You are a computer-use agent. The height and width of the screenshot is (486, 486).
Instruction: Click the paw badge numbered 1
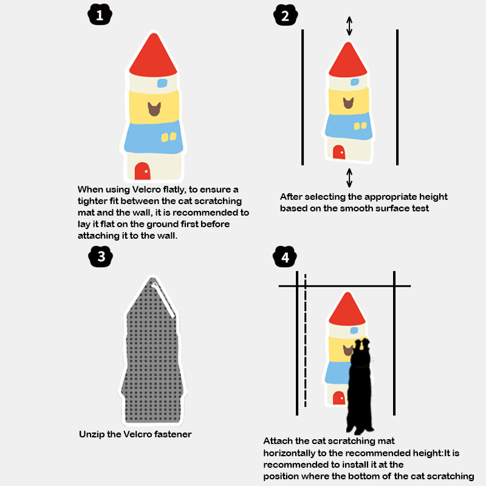pyautogui.click(x=100, y=15)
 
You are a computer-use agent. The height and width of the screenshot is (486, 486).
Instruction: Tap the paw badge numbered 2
pyautogui.click(x=286, y=15)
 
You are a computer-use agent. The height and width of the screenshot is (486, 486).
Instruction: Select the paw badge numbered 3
pyautogui.click(x=100, y=256)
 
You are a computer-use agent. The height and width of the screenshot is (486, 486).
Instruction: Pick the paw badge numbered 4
pyautogui.click(x=285, y=256)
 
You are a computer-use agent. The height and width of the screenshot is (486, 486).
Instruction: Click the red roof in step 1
pyautogui.click(x=154, y=57)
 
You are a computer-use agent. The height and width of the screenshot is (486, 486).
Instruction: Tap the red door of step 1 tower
pyautogui.click(x=142, y=171)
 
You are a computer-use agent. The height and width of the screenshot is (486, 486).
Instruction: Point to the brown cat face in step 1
pyautogui.click(x=154, y=109)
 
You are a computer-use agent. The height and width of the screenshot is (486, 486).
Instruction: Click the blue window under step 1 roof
pyautogui.click(x=162, y=83)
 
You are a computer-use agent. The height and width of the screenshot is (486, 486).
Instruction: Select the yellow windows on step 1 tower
pyautogui.click(x=169, y=137)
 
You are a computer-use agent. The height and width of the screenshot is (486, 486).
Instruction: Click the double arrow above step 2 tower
pyautogui.click(x=349, y=26)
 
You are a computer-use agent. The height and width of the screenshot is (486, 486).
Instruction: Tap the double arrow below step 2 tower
pyautogui.click(x=349, y=177)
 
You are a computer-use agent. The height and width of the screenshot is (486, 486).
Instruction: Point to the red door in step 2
pyautogui.click(x=339, y=152)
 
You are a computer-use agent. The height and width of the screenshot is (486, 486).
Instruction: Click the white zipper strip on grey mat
pyautogui.click(x=163, y=299)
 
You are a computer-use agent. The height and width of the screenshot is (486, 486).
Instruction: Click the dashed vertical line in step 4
pyautogui.click(x=306, y=340)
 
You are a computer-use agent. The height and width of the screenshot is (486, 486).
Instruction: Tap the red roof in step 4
pyautogui.click(x=347, y=310)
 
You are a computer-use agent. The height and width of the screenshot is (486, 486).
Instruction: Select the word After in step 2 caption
pyautogui.click(x=291, y=197)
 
